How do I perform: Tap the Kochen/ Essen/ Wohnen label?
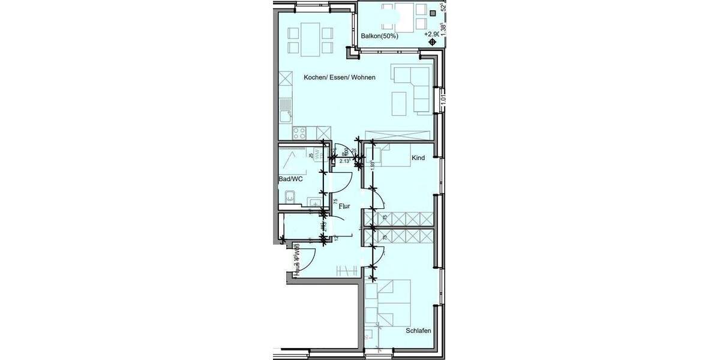pyautogui.click(x=340, y=77)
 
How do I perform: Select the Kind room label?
pyautogui.click(x=418, y=158)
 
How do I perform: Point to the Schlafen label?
pyautogui.click(x=418, y=331)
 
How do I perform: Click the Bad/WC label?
pyautogui.click(x=291, y=179)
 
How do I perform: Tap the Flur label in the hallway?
pyautogui.click(x=344, y=206)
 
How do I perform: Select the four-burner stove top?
pyautogui.click(x=300, y=132)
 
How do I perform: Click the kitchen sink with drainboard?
pyautogui.click(x=286, y=111)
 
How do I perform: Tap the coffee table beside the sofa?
pyautogui.click(x=399, y=103)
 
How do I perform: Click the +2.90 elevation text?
pyautogui.click(x=431, y=34)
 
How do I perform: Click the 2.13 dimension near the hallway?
pyautogui.click(x=344, y=161)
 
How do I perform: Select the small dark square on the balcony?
pyautogui.click(x=433, y=13)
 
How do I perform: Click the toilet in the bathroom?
pyautogui.click(x=315, y=203)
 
